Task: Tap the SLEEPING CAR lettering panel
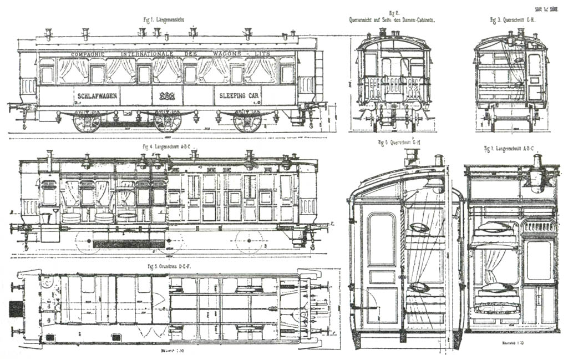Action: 237,95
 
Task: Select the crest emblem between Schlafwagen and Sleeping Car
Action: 167,96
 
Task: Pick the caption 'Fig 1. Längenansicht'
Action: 164,19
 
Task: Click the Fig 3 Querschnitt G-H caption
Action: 511,20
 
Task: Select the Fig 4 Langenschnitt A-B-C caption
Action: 166,147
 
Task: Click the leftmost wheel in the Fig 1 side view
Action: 87,121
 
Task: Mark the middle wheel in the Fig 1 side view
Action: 168,121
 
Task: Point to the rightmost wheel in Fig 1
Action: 247,121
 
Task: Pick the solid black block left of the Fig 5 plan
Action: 17,310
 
